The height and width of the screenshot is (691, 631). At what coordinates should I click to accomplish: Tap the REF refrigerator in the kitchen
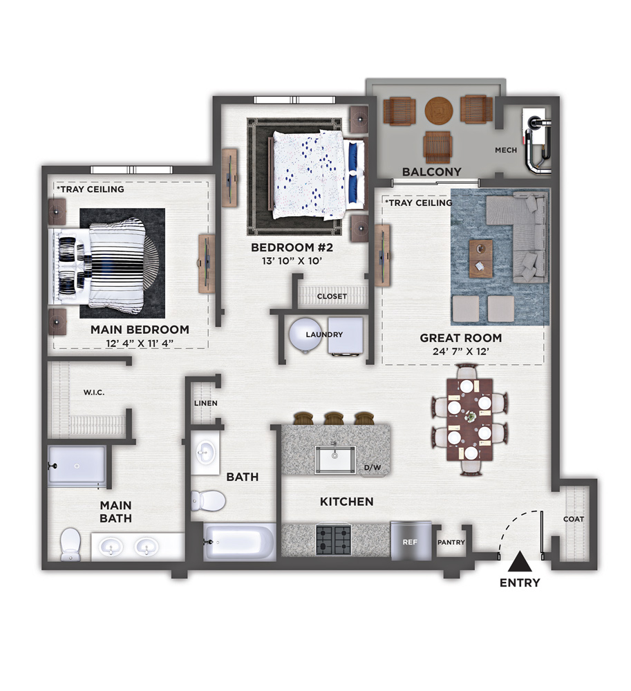(411, 540)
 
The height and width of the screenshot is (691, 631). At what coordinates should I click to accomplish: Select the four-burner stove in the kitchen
(334, 540)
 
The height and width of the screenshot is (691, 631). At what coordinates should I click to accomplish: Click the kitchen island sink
(335, 460)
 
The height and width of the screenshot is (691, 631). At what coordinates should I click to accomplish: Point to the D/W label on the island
(373, 467)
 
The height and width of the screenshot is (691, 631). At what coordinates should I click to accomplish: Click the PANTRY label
(451, 542)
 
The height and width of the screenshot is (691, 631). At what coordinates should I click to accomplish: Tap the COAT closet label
(574, 519)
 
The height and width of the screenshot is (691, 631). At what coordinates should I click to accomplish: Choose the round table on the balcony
(439, 111)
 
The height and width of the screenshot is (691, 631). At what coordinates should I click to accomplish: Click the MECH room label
(506, 150)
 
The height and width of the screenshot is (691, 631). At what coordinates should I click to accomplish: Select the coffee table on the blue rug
(481, 258)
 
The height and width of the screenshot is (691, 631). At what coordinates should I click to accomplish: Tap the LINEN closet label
(206, 404)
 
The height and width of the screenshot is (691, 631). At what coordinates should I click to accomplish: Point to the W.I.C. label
(94, 392)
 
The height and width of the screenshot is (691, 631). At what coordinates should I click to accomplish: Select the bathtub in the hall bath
(240, 542)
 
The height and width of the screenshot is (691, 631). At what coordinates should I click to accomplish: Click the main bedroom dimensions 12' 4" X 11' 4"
(140, 343)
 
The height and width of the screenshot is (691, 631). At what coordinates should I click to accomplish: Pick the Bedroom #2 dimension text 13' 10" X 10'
(292, 261)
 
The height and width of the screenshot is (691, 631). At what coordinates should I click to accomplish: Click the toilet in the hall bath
(208, 500)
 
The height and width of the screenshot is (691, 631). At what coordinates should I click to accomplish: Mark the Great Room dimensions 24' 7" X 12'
(461, 352)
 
